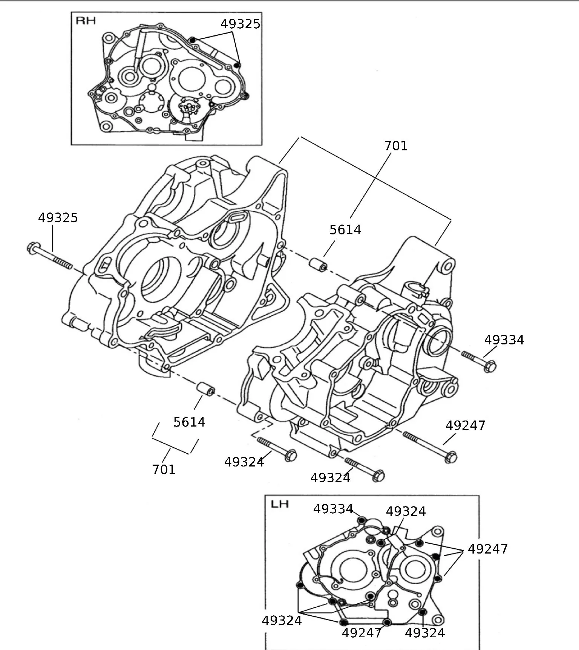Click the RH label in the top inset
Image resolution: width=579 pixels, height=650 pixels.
tap(86, 21)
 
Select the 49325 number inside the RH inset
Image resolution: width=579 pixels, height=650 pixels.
tap(240, 24)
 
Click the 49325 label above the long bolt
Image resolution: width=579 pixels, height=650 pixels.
tap(58, 218)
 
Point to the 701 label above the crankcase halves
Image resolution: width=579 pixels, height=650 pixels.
tap(396, 146)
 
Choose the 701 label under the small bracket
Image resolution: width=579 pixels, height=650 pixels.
tap(164, 470)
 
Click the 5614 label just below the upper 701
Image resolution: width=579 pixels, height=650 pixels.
tap(345, 230)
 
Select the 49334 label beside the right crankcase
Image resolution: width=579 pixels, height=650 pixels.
tap(504, 340)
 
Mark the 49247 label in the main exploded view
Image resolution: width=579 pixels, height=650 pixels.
tap(465, 425)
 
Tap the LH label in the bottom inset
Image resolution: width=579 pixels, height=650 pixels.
tap(280, 504)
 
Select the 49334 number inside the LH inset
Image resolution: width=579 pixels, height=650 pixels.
tap(333, 509)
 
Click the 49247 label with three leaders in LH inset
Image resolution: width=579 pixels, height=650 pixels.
tap(487, 549)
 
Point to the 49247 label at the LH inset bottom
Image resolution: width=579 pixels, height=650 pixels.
tap(361, 633)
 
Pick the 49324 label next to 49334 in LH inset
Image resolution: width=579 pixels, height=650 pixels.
tap(406, 511)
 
